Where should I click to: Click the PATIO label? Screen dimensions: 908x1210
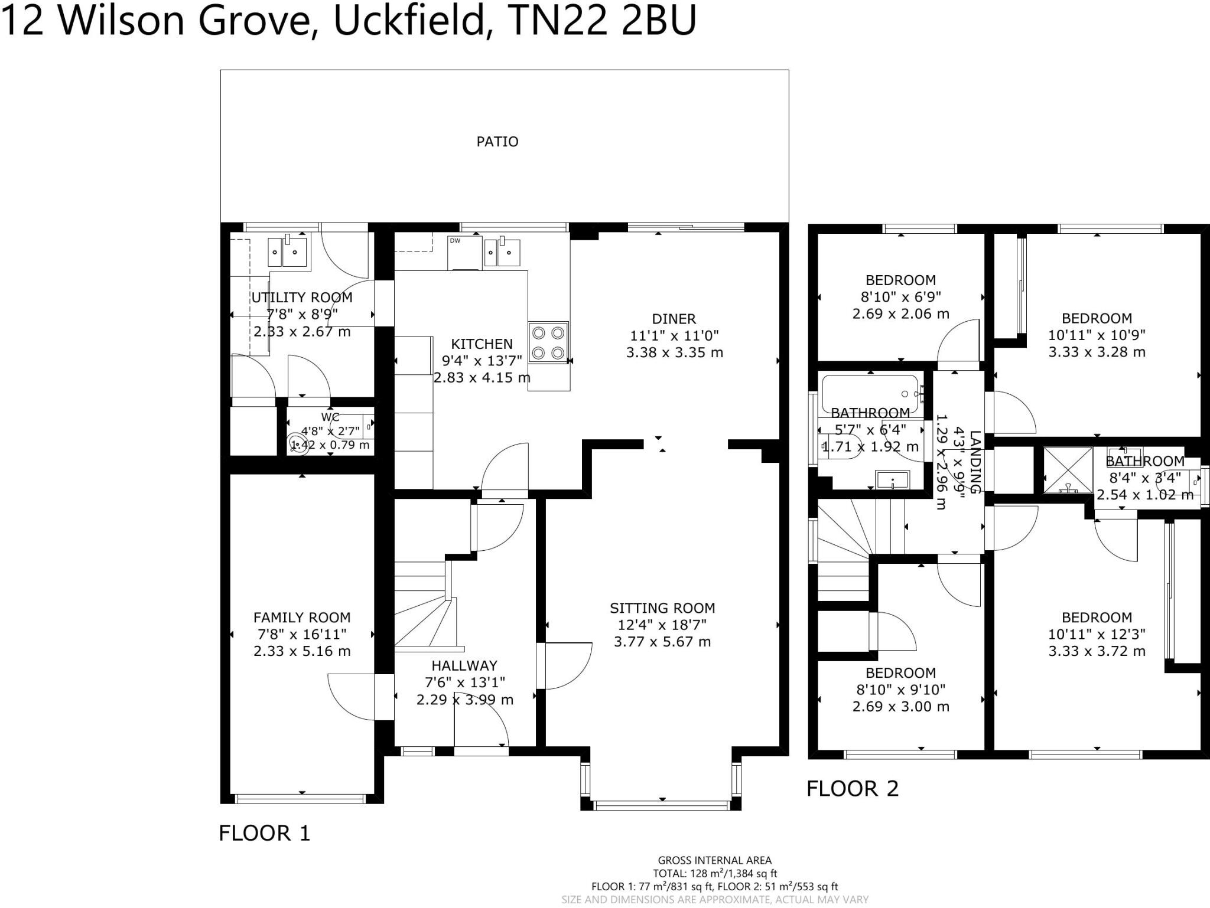point(497,142)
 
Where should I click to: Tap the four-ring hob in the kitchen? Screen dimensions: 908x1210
point(548,342)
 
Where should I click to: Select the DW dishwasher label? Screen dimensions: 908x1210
point(455,240)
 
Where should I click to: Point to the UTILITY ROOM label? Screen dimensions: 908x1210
point(302,298)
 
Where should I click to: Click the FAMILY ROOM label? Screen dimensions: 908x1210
point(302,618)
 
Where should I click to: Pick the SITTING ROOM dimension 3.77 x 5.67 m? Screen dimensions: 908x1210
point(662,642)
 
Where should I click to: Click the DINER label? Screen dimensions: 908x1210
point(674,319)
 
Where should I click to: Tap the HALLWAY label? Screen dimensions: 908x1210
point(464,665)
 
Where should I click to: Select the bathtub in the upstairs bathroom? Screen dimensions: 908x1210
point(870,393)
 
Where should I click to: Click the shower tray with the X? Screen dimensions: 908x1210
point(1068,470)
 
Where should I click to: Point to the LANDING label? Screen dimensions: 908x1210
point(974,462)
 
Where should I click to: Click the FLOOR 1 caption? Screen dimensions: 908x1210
point(264,833)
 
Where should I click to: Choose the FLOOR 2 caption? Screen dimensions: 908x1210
point(853,789)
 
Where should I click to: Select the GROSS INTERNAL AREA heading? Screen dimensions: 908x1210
point(714,861)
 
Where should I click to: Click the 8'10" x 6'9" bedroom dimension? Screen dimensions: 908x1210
point(900,297)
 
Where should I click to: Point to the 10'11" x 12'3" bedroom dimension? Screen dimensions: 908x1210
point(1097,635)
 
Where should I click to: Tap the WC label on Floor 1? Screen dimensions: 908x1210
point(330,417)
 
